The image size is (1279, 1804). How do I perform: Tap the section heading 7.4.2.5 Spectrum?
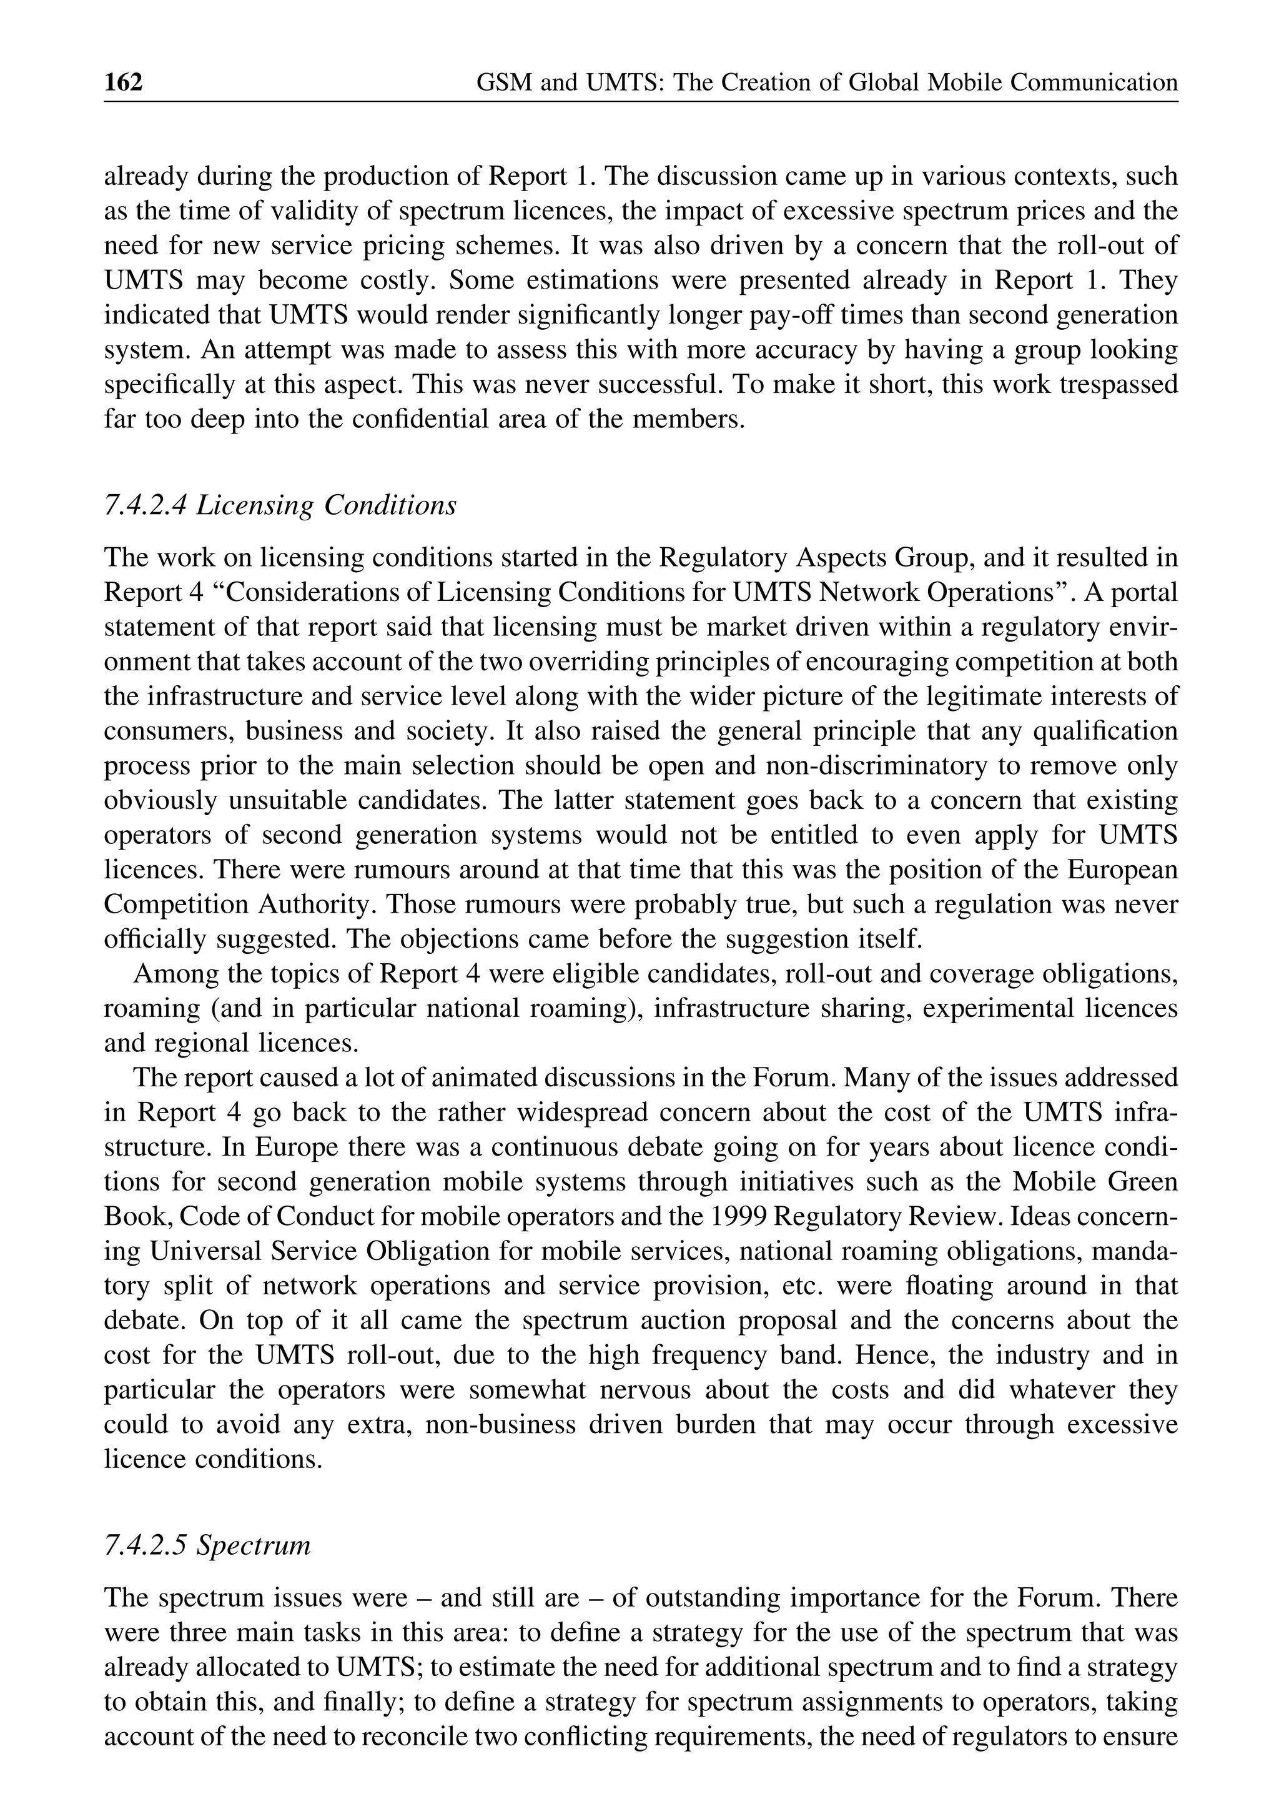pyautogui.click(x=207, y=1545)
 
